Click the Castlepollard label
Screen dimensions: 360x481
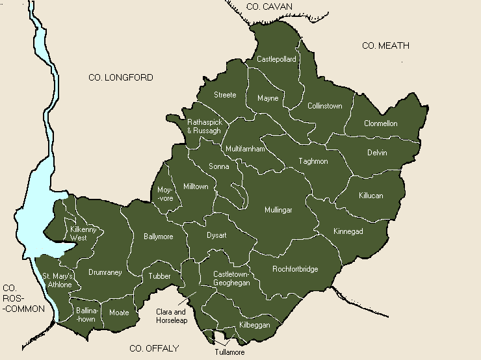(276, 59)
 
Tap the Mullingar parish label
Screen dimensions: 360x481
(278, 210)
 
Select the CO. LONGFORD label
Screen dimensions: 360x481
(120, 78)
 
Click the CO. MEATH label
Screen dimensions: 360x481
(385, 45)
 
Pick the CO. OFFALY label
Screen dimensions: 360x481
(154, 349)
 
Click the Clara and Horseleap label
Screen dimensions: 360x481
(172, 316)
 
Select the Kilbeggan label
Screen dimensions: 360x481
(255, 324)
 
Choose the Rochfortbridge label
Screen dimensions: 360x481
(295, 269)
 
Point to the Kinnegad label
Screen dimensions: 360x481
(348, 231)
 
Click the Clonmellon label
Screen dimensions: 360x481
(380, 123)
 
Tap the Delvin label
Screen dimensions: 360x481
(376, 153)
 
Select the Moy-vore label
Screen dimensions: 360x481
(165, 194)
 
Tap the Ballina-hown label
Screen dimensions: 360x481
(86, 315)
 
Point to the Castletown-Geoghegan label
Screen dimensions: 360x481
(231, 279)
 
